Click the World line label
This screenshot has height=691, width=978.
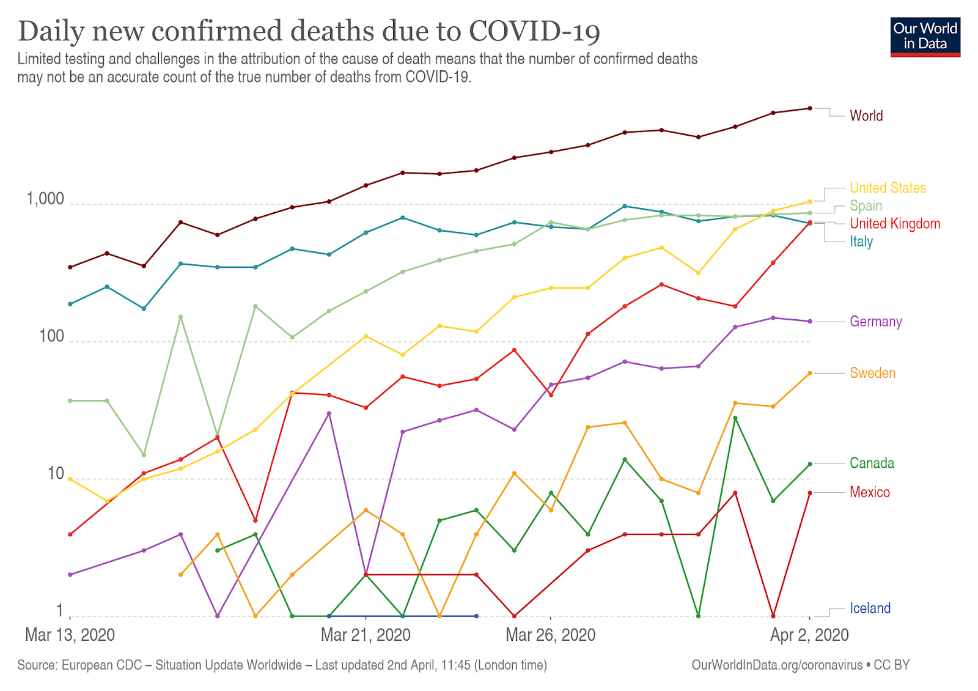866,116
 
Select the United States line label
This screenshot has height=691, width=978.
888,188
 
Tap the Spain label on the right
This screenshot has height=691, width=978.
866,205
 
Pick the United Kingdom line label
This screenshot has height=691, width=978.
895,223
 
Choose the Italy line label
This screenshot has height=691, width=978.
861,241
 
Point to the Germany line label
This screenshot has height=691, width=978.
875,322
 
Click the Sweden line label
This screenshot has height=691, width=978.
872,373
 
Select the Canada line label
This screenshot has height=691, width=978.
872,463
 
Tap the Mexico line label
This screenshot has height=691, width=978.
870,492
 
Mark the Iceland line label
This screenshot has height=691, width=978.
870,608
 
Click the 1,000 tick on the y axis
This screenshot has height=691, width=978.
45,199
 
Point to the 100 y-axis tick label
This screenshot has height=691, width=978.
51,336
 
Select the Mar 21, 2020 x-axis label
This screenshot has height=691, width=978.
366,635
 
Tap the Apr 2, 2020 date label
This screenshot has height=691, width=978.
809,635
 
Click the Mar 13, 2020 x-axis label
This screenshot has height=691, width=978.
70,635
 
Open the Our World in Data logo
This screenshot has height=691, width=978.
925,37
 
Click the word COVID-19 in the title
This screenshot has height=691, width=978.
534,31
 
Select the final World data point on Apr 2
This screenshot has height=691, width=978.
810,108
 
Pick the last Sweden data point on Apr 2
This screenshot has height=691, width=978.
810,373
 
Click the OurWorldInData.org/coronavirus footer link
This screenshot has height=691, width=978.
777,665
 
